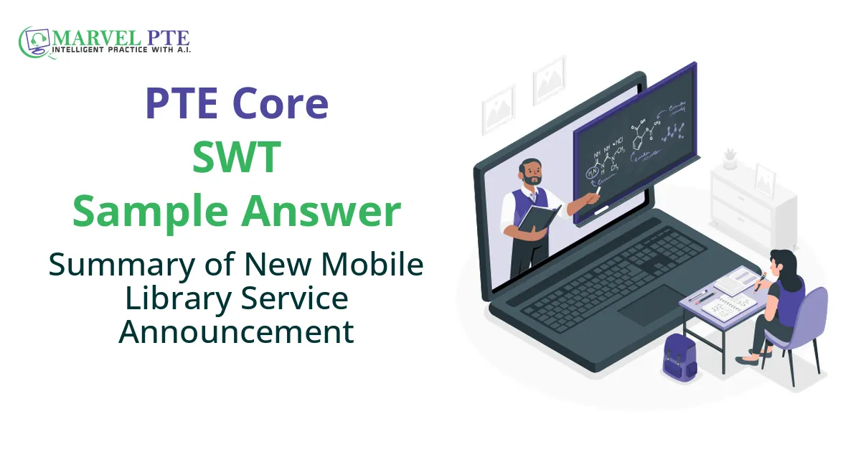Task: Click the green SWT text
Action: [237, 158]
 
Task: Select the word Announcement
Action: [237, 331]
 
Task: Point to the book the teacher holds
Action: [538, 218]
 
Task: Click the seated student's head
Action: [780, 259]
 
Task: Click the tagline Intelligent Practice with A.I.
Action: [121, 51]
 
